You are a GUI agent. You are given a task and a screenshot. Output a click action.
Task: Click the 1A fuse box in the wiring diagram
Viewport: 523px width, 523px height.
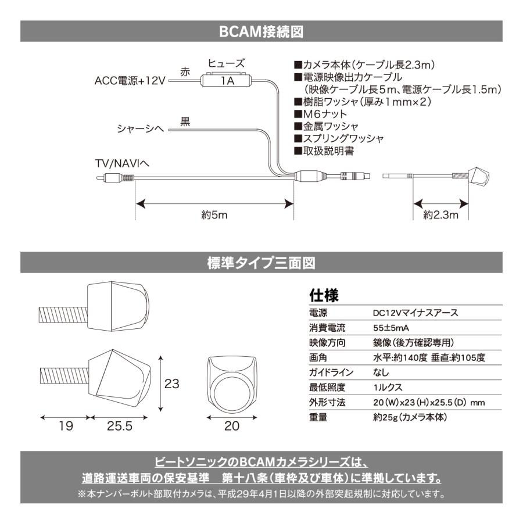[x=227, y=81]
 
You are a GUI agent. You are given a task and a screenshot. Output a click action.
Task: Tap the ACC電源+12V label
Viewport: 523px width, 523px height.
[x=130, y=80]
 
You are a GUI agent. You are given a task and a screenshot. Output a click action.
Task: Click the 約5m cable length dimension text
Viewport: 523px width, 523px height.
[x=214, y=214]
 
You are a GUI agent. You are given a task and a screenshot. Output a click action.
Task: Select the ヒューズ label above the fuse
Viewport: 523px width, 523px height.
[x=227, y=63]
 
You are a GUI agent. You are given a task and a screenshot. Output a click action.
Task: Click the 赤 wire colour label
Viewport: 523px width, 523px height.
[x=185, y=72]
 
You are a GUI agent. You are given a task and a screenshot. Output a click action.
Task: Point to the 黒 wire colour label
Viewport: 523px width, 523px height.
[x=185, y=121]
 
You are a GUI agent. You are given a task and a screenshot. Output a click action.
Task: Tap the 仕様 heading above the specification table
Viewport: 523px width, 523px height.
[x=324, y=294]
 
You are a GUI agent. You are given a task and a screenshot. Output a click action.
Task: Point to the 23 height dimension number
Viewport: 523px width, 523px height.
[x=171, y=384]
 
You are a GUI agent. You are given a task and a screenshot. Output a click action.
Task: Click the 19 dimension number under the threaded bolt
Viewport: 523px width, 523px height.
[x=66, y=426]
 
